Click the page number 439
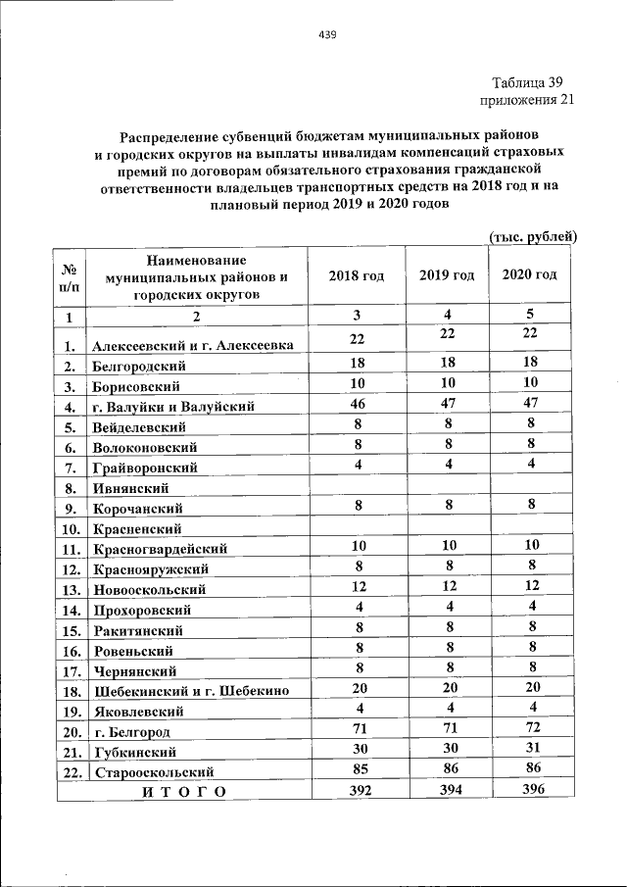(327, 35)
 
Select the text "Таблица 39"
(526, 82)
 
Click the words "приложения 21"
(526, 100)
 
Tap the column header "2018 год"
(357, 275)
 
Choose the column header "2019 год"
(447, 275)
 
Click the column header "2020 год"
(530, 275)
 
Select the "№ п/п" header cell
(71, 275)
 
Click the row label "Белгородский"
(139, 366)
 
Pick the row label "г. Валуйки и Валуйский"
(173, 407)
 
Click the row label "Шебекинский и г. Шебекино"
(190, 692)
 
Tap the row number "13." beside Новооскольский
(71, 590)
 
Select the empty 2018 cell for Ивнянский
(357, 486)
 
